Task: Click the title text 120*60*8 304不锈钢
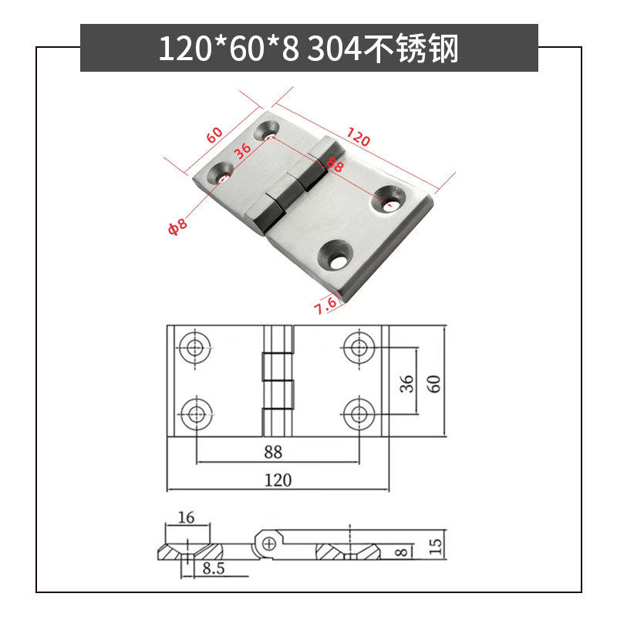tap(308, 49)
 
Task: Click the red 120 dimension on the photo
tap(359, 140)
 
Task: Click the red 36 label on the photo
tap(243, 150)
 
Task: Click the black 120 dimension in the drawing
tap(278, 480)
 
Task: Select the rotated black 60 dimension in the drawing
tap(436, 383)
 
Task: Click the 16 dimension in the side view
tap(186, 518)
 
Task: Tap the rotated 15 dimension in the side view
tap(436, 546)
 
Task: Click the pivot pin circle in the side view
tap(268, 545)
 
